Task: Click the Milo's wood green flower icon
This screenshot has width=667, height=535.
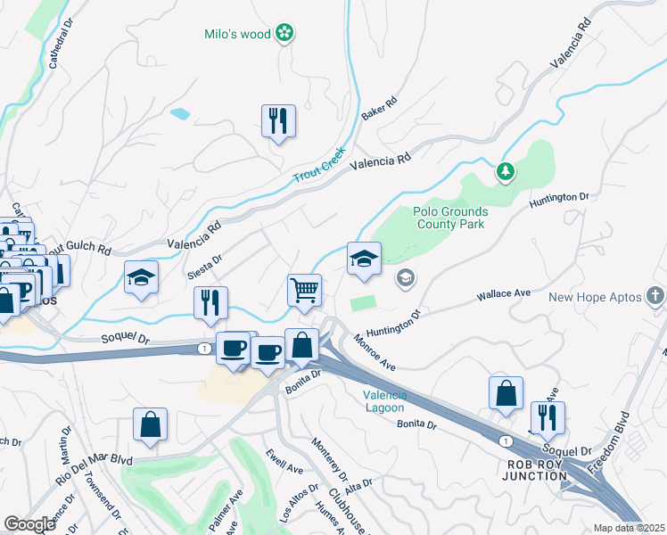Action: pyautogui.click(x=285, y=34)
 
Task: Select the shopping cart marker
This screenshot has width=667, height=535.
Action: pyautogui.click(x=304, y=290)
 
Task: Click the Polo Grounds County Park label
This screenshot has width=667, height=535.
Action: pyautogui.click(x=449, y=218)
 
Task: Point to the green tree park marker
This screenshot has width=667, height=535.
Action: pyautogui.click(x=506, y=169)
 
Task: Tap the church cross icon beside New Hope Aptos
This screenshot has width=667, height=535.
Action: pyautogui.click(x=655, y=296)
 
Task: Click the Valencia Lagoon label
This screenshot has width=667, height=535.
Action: pyautogui.click(x=385, y=401)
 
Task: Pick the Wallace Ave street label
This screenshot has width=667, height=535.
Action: pyautogui.click(x=504, y=293)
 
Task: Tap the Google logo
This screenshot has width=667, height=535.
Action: pyautogui.click(x=29, y=524)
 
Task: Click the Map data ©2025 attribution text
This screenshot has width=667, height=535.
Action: pyautogui.click(x=630, y=528)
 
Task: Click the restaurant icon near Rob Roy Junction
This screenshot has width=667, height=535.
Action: pyautogui.click(x=547, y=416)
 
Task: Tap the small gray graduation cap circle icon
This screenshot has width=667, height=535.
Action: pyautogui.click(x=406, y=278)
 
